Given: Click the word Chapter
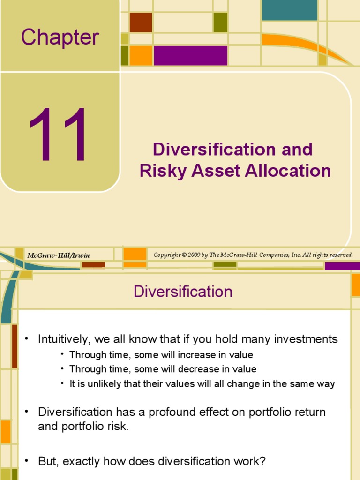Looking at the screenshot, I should (x=60, y=37).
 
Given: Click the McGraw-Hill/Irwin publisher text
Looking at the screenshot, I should (x=58, y=255).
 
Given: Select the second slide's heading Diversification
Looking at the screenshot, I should (x=183, y=292).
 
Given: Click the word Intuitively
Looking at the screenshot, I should (x=63, y=339).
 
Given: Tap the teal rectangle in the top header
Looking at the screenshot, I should (x=289, y=10).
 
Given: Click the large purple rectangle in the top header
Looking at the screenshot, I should (x=190, y=56).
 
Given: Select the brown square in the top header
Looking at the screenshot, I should (x=141, y=22).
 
